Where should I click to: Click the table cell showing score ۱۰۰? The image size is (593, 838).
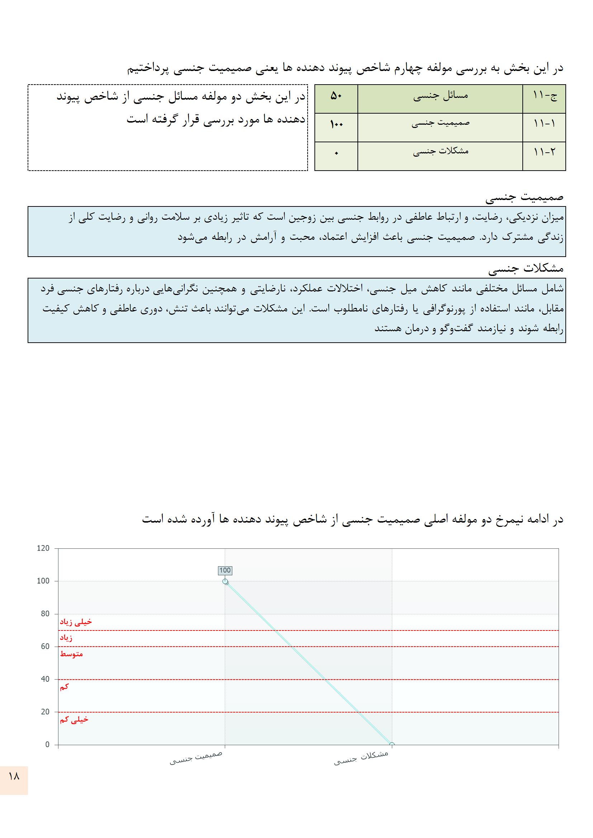[336, 125]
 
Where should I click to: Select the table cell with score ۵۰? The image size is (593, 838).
[336, 97]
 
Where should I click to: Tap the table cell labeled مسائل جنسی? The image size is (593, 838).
[440, 97]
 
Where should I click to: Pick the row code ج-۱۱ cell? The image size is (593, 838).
[544, 97]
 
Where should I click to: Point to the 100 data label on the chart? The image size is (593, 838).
[225, 571]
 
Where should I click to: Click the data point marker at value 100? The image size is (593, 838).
[225, 581]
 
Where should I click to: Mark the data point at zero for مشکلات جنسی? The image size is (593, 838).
[392, 745]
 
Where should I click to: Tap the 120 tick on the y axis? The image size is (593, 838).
[43, 548]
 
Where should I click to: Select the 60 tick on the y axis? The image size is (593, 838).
[45, 647]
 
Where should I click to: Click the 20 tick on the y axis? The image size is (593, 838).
[45, 712]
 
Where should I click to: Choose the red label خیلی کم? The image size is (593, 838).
[74, 720]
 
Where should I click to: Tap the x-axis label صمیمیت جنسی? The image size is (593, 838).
[196, 758]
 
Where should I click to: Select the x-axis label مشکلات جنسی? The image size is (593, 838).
[361, 758]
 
